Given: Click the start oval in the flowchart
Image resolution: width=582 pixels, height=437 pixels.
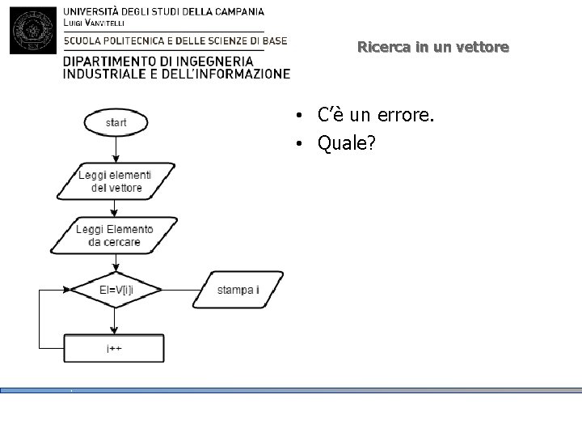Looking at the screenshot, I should pos(116,123).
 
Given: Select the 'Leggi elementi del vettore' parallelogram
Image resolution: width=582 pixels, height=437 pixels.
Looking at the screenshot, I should pos(115,181).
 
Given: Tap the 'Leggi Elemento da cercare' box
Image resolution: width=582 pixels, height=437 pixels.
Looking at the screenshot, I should pos(115,235).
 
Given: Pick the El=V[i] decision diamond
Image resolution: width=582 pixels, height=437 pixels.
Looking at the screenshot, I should pos(115,290).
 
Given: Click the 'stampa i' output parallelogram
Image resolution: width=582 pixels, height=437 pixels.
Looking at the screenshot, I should pos(238,290).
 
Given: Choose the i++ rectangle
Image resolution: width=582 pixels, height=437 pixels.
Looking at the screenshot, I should pos(114,350).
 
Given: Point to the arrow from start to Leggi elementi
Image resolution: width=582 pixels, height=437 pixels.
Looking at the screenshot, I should pos(116,150).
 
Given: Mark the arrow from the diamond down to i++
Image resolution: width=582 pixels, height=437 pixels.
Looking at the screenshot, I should pos(115,321).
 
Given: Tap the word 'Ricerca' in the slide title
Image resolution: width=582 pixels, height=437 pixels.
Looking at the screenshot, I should pos(384,47).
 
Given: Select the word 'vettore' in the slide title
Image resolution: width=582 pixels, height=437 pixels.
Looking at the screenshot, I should pos(483,47).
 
